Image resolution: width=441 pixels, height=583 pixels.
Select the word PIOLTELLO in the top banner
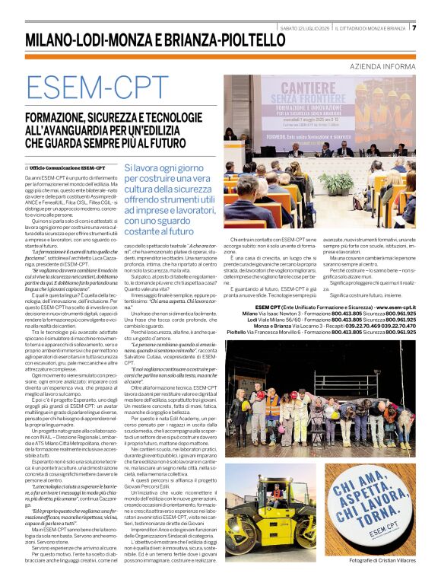pos(243,40)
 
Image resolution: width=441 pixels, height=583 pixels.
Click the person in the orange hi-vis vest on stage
pos(272,409)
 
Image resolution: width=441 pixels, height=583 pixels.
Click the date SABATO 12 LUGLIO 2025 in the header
pos(305,28)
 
